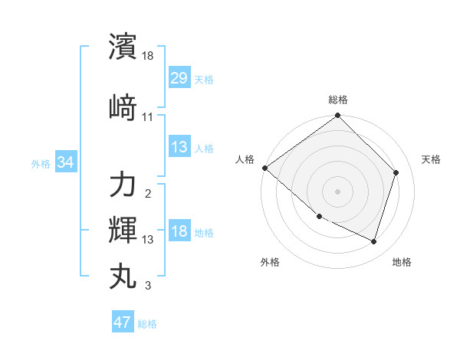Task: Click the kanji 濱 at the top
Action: [x=123, y=46]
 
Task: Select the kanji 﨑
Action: [x=123, y=106]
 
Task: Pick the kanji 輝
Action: [x=123, y=230]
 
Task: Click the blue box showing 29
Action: [x=179, y=78]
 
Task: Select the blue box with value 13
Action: [x=179, y=147]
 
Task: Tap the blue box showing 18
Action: [x=179, y=232]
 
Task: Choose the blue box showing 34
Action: [x=65, y=162]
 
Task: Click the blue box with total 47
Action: [x=123, y=322]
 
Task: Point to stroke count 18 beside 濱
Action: [x=148, y=56]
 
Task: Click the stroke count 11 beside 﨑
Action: [x=148, y=116]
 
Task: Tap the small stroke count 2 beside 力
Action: [x=148, y=193]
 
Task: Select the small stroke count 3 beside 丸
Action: [x=148, y=286]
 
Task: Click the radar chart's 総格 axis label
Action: [x=338, y=100]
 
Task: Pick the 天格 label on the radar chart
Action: [x=432, y=159]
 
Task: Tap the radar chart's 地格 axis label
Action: [x=402, y=262]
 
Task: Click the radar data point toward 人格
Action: [x=264, y=168]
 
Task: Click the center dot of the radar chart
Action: [x=338, y=191]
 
